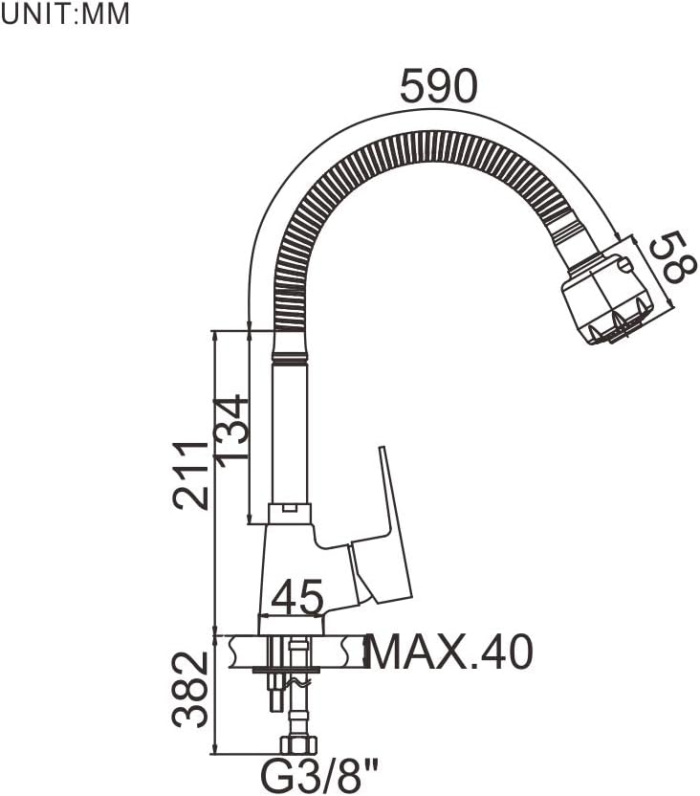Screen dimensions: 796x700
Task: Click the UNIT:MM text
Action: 65,16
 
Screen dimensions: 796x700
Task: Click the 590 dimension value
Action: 438,88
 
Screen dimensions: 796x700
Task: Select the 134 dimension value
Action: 232,431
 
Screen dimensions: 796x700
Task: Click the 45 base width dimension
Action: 297,600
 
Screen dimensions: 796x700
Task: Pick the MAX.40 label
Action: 449,653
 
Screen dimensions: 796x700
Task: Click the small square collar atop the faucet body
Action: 290,513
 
